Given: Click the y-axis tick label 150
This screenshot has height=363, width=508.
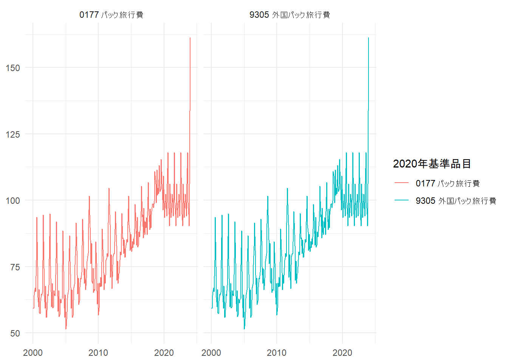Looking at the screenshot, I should click(x=13, y=68).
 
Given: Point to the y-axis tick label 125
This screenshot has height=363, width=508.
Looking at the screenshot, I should click(x=13, y=134).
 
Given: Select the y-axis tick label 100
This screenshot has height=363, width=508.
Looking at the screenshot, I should click(x=13, y=201).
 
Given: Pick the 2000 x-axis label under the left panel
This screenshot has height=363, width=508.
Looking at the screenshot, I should click(x=33, y=353).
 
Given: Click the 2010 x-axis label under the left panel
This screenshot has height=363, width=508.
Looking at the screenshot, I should click(x=98, y=353).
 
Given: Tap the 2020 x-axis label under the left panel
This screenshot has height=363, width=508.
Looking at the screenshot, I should click(x=164, y=353).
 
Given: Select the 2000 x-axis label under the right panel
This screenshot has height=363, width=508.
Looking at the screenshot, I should click(x=211, y=353).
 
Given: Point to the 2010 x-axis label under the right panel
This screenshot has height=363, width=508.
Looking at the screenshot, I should click(x=277, y=353).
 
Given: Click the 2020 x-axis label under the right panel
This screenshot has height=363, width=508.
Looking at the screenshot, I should click(x=342, y=353).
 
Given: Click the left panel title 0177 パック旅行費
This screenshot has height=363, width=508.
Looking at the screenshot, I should click(x=111, y=15).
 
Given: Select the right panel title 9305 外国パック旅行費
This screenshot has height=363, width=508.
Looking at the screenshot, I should click(x=290, y=15).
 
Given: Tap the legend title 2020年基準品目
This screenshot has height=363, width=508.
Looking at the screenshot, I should click(x=432, y=164).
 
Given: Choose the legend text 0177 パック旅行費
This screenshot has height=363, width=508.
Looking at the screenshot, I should click(x=448, y=183).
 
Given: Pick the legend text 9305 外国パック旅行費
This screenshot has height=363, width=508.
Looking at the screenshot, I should click(x=456, y=201).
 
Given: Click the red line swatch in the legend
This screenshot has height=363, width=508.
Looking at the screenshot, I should click(x=402, y=183).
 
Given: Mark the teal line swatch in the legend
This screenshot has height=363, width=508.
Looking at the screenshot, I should click(x=402, y=200).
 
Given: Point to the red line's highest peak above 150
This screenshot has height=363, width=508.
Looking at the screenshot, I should click(x=190, y=38).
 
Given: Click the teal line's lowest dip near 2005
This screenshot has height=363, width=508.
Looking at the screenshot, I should click(x=244, y=329).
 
